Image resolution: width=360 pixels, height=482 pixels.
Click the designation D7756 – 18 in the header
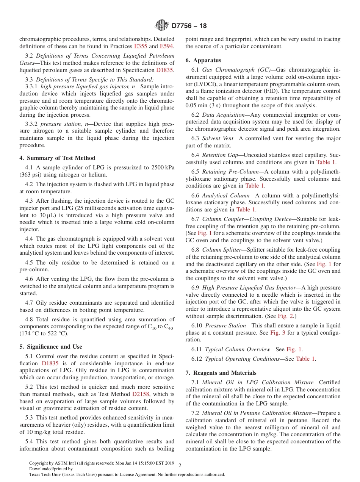click(x=189, y=26)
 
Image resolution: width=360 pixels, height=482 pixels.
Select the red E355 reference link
click(x=141, y=46)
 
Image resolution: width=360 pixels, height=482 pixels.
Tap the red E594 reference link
click(x=166, y=46)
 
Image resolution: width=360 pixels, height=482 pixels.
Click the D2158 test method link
click(x=141, y=394)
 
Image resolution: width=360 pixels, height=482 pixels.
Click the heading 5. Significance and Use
click(x=50, y=347)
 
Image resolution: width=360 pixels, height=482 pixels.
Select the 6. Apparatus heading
click(x=203, y=60)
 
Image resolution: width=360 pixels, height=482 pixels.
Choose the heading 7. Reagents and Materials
click(x=221, y=373)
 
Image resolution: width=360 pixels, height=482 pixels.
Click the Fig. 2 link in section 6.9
click(x=285, y=316)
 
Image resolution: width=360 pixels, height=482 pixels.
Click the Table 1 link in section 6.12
click(x=305, y=359)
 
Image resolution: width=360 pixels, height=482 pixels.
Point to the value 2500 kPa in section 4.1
click(x=163, y=167)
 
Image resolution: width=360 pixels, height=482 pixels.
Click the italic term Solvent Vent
click(x=218, y=139)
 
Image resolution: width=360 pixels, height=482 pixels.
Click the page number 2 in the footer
click(x=180, y=465)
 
